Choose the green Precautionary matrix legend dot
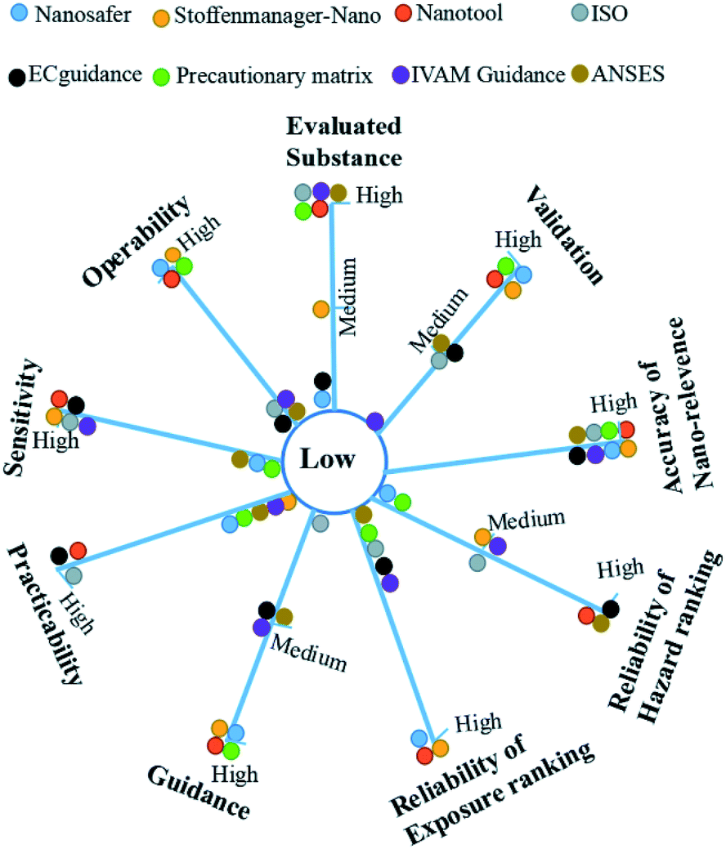tap(163, 77)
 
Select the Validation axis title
tap(565, 234)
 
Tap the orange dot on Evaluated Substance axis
tap(321, 308)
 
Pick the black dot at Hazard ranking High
tap(610, 608)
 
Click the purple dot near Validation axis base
tap(375, 422)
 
